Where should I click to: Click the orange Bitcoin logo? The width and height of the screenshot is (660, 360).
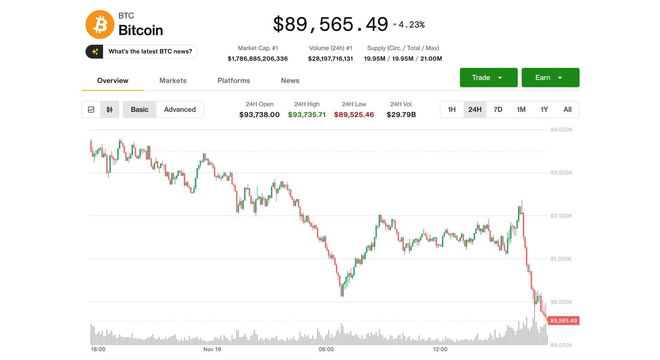(x=100, y=24)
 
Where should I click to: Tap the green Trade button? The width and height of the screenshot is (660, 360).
(x=488, y=78)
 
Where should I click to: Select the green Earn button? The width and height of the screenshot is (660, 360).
(x=550, y=78)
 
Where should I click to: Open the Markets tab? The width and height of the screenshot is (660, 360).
(x=173, y=80)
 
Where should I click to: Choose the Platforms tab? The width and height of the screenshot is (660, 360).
(x=233, y=80)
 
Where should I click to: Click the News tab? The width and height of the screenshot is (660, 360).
(x=290, y=80)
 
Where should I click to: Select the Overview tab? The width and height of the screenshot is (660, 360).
(x=113, y=80)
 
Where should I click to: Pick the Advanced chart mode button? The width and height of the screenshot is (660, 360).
(x=180, y=109)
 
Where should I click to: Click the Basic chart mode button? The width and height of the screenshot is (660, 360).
(x=139, y=109)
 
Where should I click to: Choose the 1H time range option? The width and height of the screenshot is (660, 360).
(x=452, y=109)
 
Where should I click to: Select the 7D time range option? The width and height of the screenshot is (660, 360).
(x=498, y=109)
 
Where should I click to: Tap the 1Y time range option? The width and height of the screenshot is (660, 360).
(x=544, y=109)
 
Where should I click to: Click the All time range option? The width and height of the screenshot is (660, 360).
(x=567, y=109)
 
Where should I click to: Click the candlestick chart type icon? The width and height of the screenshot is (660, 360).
(x=110, y=109)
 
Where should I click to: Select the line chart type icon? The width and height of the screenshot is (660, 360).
(x=91, y=109)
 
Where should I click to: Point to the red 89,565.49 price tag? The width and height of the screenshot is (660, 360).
(x=563, y=320)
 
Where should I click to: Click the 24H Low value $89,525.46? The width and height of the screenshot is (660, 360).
(x=354, y=115)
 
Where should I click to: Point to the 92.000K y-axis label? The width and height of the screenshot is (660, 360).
(x=561, y=216)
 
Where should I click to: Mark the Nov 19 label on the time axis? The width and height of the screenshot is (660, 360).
(x=212, y=349)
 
